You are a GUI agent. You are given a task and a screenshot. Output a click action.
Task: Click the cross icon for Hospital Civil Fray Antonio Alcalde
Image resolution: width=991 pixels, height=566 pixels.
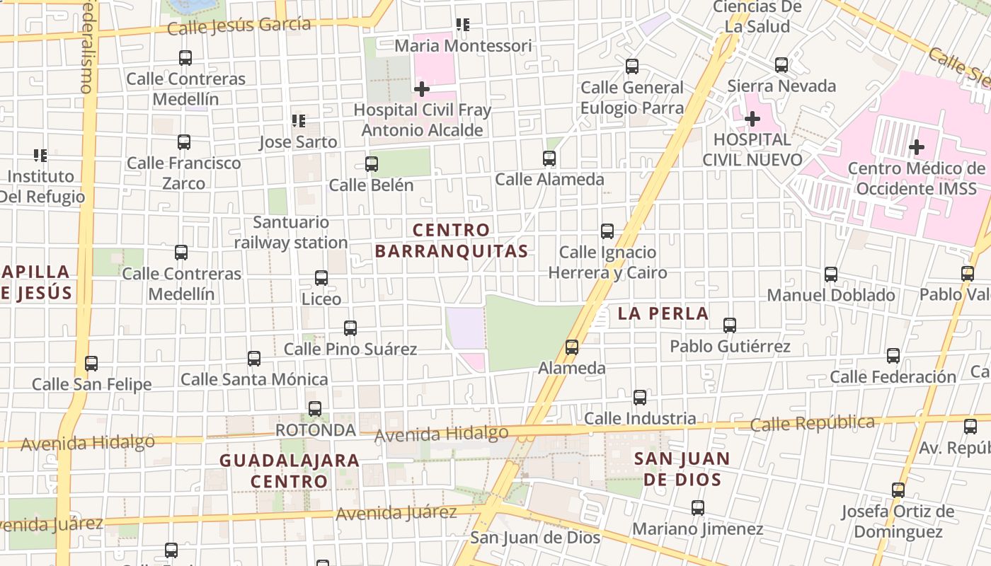pos(422,89)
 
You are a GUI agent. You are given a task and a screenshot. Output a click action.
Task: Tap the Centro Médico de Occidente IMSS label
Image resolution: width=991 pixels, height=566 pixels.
pos(916,178)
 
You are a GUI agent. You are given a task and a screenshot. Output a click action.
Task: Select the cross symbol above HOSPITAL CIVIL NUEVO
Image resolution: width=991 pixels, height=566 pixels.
pos(752,118)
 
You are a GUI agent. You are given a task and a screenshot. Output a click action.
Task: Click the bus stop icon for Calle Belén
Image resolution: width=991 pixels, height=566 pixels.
pos(372,164)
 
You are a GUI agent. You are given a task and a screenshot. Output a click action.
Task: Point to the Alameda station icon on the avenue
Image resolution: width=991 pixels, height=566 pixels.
pos(572,347)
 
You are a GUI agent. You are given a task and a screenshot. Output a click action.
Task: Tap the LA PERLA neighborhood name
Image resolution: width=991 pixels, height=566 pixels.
pos(663,313)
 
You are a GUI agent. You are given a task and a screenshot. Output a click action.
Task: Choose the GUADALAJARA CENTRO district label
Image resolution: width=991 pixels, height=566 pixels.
pos(290,470)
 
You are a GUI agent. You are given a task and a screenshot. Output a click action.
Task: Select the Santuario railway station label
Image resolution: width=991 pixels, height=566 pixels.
pos(291,233)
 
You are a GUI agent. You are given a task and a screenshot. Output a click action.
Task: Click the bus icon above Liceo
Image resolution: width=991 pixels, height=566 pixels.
pos(321,278)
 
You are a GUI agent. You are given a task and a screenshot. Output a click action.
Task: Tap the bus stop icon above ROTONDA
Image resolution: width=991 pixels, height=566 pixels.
pos(315,409)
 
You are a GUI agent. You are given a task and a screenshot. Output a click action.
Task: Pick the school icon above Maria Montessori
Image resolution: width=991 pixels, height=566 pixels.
pos(463,25)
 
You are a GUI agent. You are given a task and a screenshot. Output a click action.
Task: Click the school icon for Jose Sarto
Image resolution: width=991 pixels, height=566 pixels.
pos(299,121)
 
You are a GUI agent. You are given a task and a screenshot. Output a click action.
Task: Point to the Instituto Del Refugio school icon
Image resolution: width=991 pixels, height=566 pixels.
pos(40,155)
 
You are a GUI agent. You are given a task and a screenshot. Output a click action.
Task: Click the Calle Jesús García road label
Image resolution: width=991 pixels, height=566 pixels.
pos(239,26)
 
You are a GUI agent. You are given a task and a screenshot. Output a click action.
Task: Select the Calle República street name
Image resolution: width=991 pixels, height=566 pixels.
pos(812,423)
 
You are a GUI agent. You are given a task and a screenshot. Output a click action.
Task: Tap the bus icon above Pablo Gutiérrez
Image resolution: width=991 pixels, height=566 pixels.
pos(730,325)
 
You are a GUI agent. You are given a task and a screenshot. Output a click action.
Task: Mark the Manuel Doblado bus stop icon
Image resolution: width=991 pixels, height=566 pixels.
pos(831,275)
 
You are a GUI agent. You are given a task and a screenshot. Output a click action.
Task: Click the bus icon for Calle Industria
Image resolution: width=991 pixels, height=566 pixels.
pos(640,398)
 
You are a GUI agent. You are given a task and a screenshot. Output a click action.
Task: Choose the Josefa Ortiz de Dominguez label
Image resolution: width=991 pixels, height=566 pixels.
pos(898,521)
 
